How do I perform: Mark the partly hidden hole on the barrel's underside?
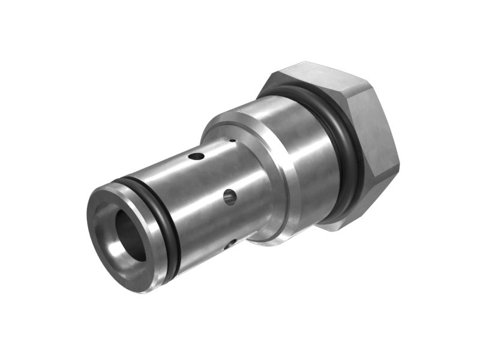[x=230, y=244]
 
